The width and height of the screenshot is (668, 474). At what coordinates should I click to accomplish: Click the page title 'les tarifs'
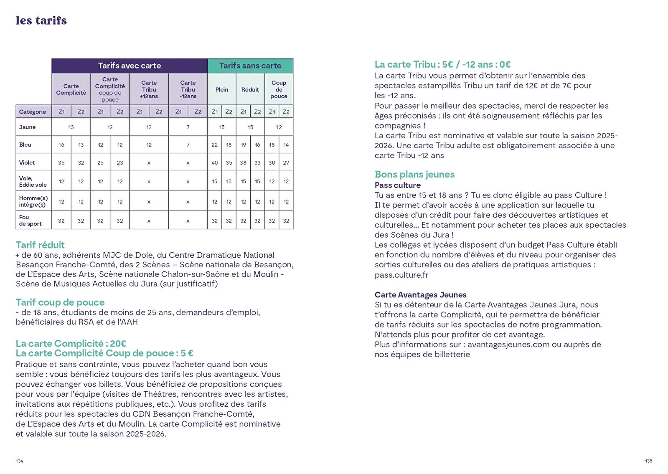click(x=41, y=20)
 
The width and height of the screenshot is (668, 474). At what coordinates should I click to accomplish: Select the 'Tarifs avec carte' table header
click(x=130, y=66)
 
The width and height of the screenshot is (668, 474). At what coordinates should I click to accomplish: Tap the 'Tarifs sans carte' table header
click(x=250, y=66)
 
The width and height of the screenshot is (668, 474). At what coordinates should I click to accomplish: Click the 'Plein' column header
click(x=222, y=89)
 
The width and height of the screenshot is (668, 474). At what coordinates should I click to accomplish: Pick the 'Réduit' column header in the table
click(x=250, y=89)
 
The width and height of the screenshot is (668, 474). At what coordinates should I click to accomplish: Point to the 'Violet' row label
click(x=27, y=162)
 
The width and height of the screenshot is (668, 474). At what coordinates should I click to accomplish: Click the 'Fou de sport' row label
click(x=30, y=220)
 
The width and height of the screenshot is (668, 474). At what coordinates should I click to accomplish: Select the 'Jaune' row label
click(x=28, y=127)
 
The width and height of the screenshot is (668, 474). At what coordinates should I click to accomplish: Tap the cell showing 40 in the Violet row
click(x=215, y=162)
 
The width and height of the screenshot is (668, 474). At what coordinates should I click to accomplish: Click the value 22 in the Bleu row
click(x=215, y=144)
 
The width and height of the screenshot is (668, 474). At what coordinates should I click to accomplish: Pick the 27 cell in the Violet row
click(x=286, y=162)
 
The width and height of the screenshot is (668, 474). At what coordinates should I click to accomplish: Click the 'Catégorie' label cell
click(x=33, y=112)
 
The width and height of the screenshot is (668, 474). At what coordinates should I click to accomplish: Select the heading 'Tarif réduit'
click(x=40, y=245)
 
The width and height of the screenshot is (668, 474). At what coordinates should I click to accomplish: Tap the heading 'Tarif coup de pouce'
click(x=60, y=302)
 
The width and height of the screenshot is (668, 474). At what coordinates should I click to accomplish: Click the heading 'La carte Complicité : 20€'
click(x=71, y=343)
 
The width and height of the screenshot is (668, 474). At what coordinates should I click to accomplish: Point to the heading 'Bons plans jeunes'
click(x=414, y=174)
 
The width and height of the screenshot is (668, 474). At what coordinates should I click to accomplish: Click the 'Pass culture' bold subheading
click(x=398, y=185)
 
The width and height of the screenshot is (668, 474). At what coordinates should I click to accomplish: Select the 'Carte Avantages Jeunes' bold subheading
click(x=421, y=294)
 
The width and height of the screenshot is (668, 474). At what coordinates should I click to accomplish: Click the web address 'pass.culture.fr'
click(x=401, y=275)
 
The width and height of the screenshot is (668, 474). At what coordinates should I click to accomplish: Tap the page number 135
click(x=648, y=461)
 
